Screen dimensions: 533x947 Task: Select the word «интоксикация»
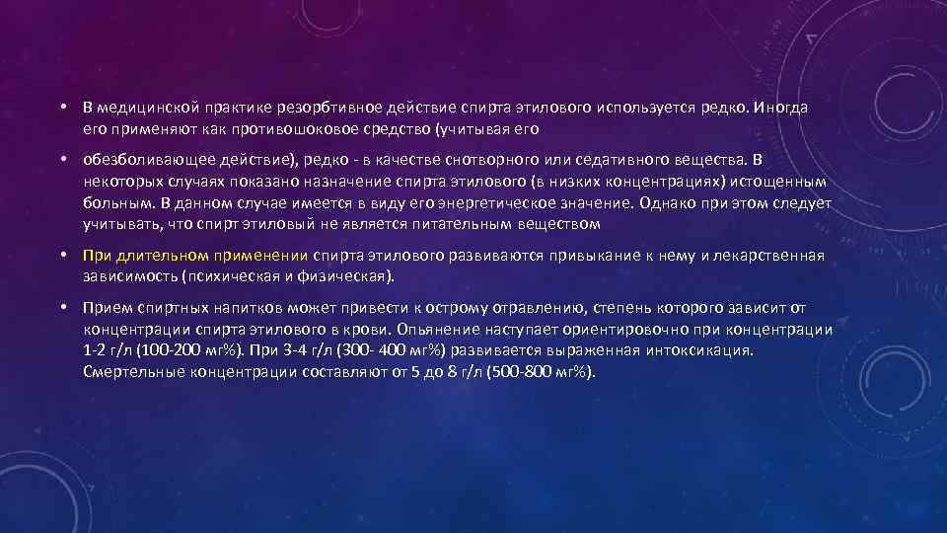click(699, 350)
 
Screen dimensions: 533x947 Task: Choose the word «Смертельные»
click(129, 371)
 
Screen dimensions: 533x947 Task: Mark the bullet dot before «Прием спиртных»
click(61, 308)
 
